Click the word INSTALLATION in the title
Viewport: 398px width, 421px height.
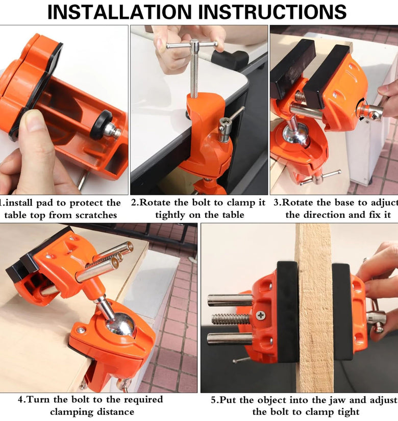[x=119, y=12]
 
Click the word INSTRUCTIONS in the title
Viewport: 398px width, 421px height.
[x=272, y=12]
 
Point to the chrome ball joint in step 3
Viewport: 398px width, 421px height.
[x=295, y=135]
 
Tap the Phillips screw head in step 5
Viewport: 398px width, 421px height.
[x=260, y=315]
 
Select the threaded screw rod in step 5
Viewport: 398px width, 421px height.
[x=231, y=319]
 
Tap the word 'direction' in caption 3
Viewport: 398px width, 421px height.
[x=325, y=215]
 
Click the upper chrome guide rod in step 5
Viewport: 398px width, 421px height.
[x=230, y=301]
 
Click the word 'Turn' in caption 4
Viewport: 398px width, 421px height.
[x=39, y=400]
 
